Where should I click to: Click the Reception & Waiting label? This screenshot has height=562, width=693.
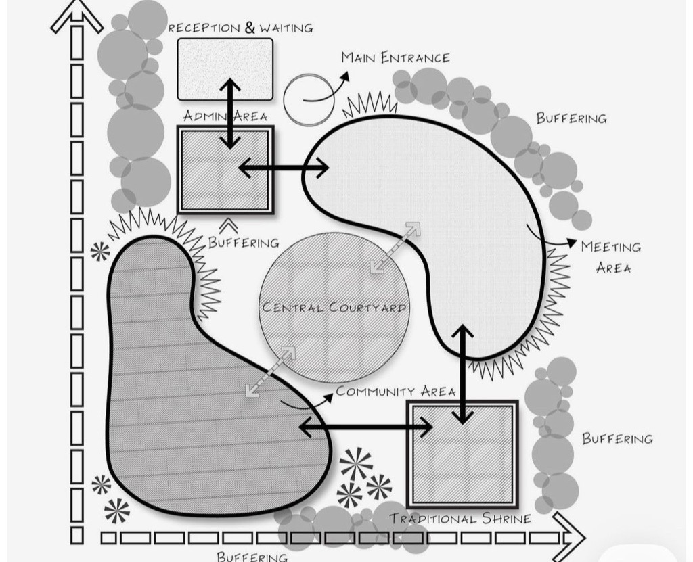[x=240, y=28]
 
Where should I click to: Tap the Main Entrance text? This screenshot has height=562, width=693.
[x=396, y=57]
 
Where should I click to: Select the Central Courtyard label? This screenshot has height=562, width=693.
[x=334, y=308]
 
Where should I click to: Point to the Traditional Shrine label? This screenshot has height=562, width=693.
[x=460, y=519]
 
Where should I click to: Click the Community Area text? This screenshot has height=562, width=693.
[x=396, y=392]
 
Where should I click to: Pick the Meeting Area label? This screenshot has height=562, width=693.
[x=612, y=257]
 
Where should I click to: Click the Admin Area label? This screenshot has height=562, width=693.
[x=225, y=116]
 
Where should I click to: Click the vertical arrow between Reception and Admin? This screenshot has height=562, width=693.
[x=230, y=113]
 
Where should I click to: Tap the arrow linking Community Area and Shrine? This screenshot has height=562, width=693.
[x=365, y=427]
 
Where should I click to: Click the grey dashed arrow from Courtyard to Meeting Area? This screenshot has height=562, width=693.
[x=395, y=248]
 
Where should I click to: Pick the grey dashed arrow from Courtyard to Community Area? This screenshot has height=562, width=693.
[x=271, y=371]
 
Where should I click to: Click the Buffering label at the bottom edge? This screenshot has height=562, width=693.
[x=252, y=557]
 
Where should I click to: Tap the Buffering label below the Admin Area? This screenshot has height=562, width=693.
[x=244, y=242]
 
